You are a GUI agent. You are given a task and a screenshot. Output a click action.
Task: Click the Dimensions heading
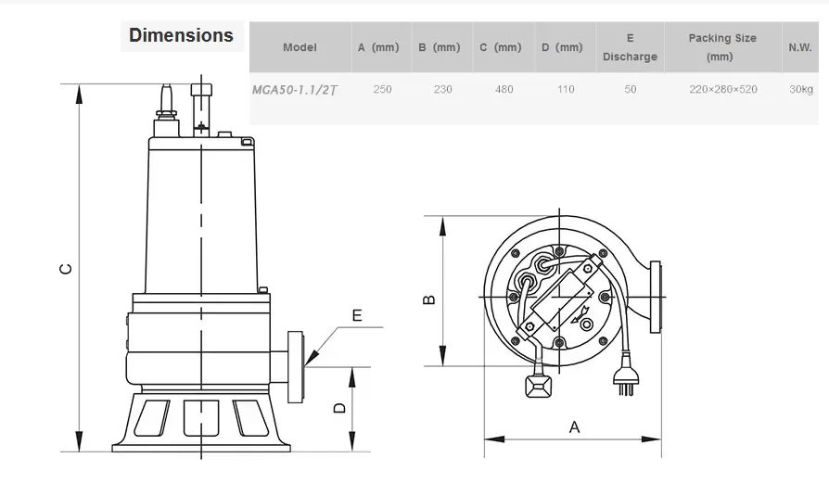181,35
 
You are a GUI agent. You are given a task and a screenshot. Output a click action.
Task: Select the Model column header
300,47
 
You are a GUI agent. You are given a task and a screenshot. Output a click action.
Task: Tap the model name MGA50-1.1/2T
295,90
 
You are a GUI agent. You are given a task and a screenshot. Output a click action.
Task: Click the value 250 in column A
382,89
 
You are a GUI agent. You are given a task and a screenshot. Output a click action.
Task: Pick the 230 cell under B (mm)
442,89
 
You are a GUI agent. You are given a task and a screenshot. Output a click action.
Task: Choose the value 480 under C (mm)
504,89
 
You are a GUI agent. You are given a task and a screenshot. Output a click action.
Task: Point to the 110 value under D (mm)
565,89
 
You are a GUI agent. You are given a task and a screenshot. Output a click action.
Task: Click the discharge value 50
631,89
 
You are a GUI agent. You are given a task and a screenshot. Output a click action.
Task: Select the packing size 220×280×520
722,89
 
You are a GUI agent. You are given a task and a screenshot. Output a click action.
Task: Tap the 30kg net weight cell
801,89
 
